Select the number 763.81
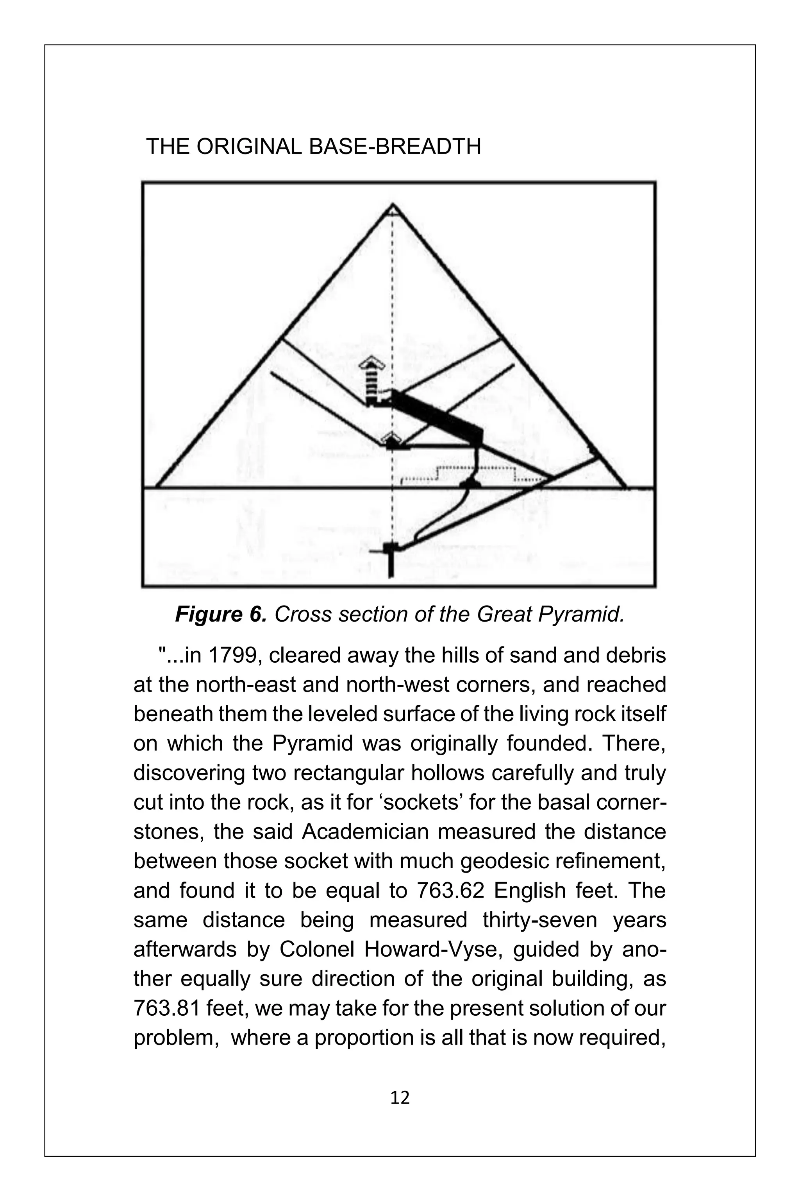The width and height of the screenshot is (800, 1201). pos(168,1009)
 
